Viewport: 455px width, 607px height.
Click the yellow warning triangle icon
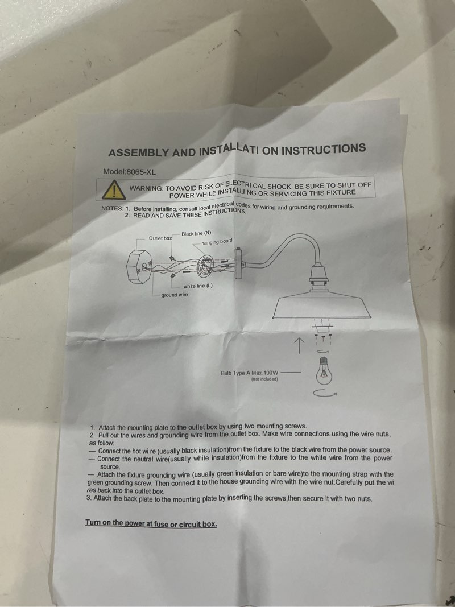point(114,189)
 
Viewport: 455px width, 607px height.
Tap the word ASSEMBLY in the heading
point(139,152)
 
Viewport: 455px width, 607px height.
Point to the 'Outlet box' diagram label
point(160,238)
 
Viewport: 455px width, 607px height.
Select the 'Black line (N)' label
point(197,233)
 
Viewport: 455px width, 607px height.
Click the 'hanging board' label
point(217,242)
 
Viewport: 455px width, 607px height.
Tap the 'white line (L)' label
point(198,286)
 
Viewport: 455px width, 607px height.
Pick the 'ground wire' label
point(175,295)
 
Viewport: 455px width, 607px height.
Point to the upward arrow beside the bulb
point(299,345)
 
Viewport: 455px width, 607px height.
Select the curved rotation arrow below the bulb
point(325,394)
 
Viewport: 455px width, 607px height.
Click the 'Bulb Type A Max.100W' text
point(250,373)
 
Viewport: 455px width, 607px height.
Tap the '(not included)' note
point(264,379)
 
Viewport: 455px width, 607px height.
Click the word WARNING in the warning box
point(146,188)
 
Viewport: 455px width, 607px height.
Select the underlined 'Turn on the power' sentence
point(151,524)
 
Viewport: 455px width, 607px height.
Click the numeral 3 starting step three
point(89,498)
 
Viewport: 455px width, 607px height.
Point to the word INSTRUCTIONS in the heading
point(324,149)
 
